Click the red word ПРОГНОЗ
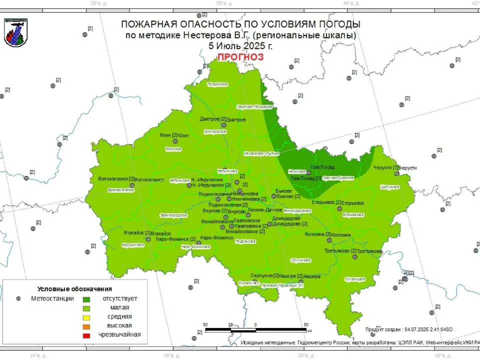click(240, 57)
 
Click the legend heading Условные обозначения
click(75, 289)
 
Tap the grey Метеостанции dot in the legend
click(18, 298)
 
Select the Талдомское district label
click(217, 84)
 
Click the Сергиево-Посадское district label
click(254, 106)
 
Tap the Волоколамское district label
click(121, 189)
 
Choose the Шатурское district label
click(389, 186)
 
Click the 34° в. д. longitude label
click(38, 355)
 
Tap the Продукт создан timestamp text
click(408, 329)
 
